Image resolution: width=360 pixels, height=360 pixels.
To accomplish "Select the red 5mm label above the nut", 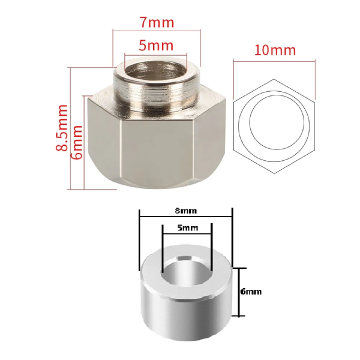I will (x=156, y=46).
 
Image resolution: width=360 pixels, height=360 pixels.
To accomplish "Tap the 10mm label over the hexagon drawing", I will (x=274, y=50).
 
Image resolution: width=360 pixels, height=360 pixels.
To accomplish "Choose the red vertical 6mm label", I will (x=77, y=142).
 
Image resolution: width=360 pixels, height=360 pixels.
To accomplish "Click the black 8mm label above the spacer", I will (x=186, y=211).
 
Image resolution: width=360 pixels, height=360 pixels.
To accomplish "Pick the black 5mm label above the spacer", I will (x=187, y=229).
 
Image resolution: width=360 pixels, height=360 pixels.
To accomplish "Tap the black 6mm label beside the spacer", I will (x=251, y=292).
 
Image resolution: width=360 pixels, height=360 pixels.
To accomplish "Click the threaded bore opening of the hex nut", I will (x=156, y=73).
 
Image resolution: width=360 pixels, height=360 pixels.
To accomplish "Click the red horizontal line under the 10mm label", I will (x=274, y=61).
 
